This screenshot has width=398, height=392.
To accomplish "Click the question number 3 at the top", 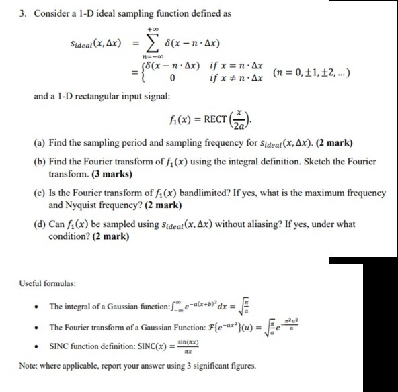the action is [5, 12].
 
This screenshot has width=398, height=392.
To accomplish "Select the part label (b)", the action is [39, 162].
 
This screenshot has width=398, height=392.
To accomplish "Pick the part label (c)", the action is [38, 193].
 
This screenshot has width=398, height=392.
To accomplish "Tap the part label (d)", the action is [39, 224].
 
